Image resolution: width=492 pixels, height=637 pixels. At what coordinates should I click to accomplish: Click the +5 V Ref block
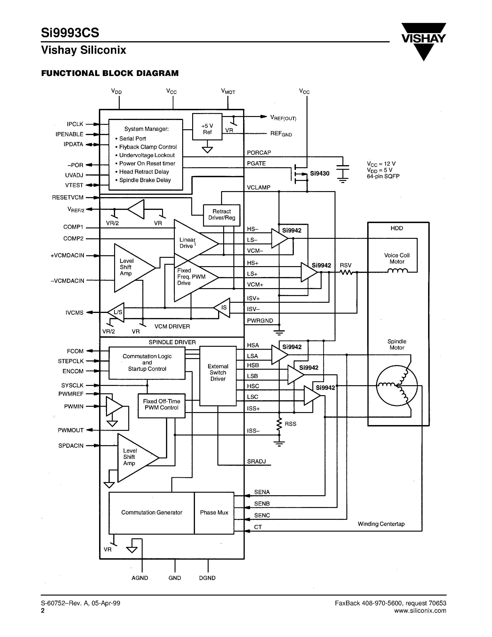click(x=207, y=126)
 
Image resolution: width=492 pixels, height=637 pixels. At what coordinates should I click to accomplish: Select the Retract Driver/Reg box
click(x=222, y=215)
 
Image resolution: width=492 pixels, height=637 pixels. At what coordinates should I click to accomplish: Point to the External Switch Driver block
click(x=218, y=375)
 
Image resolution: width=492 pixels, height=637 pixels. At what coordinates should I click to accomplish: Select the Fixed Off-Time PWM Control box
click(x=161, y=405)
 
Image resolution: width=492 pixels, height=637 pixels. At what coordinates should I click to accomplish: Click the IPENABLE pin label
click(x=69, y=134)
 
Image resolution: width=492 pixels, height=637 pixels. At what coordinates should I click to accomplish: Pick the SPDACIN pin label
click(x=71, y=446)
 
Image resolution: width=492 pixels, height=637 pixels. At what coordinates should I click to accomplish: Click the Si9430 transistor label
click(x=320, y=173)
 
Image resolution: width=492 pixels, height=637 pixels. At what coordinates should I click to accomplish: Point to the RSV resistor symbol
click(x=346, y=272)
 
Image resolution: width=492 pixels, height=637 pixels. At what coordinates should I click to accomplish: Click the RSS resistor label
click(x=290, y=424)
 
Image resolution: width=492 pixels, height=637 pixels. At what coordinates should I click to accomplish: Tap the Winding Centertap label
click(x=381, y=524)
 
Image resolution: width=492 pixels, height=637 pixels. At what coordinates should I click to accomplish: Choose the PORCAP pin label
click(x=259, y=153)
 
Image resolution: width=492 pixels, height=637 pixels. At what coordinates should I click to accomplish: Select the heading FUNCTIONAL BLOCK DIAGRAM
click(x=110, y=73)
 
